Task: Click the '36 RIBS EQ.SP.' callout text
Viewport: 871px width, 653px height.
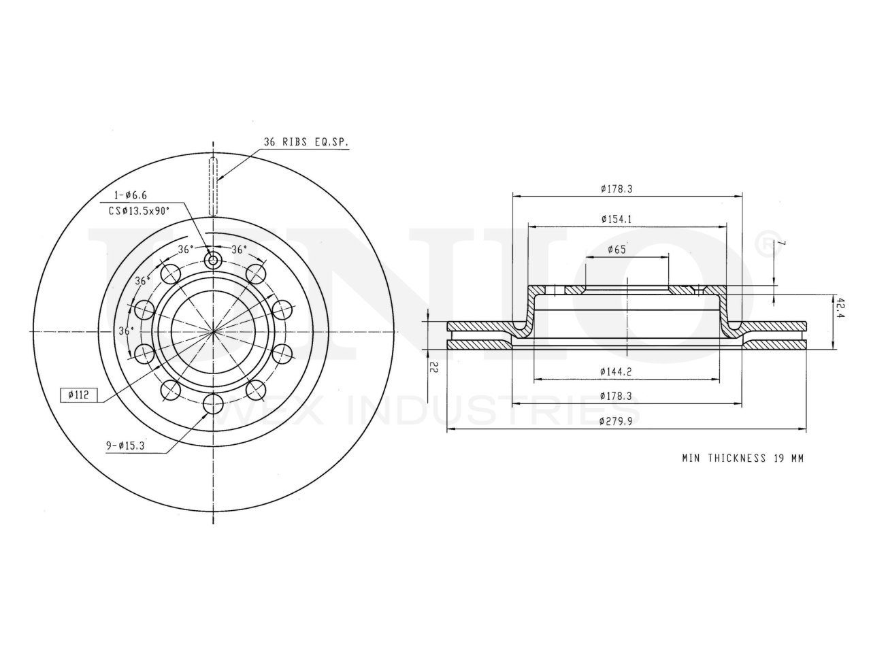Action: [306, 141]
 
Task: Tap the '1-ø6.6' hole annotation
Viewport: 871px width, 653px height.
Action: [130, 195]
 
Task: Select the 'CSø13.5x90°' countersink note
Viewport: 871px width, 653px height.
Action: [139, 211]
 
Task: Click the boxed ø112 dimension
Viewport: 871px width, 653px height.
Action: [78, 395]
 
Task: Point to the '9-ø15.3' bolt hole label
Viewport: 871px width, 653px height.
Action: [125, 446]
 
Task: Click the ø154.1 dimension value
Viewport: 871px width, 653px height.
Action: [616, 219]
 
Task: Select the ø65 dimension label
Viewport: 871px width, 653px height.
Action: [617, 250]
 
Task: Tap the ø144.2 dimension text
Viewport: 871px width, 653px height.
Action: [615, 371]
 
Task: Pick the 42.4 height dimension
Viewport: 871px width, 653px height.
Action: [840, 308]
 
